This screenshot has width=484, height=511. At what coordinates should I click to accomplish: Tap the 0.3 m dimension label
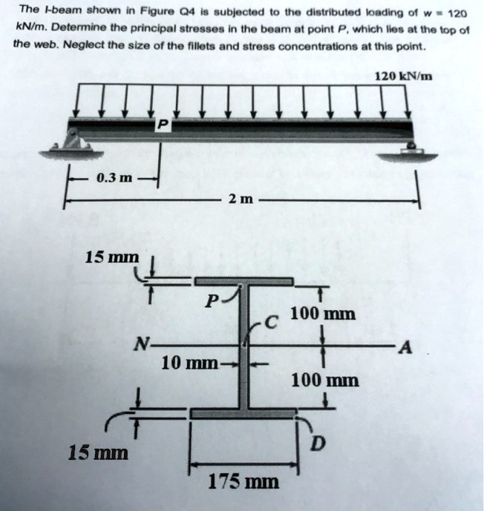click(114, 179)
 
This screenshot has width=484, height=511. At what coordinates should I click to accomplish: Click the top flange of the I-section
click(243, 281)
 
